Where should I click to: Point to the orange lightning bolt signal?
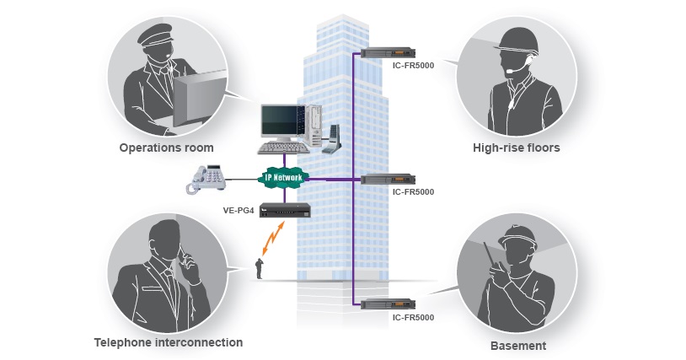tap(271, 239)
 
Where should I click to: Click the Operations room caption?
tap(166, 148)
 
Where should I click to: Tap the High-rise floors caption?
tap(516, 148)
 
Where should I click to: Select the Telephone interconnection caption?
tap(169, 342)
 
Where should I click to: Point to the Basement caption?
tap(518, 346)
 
